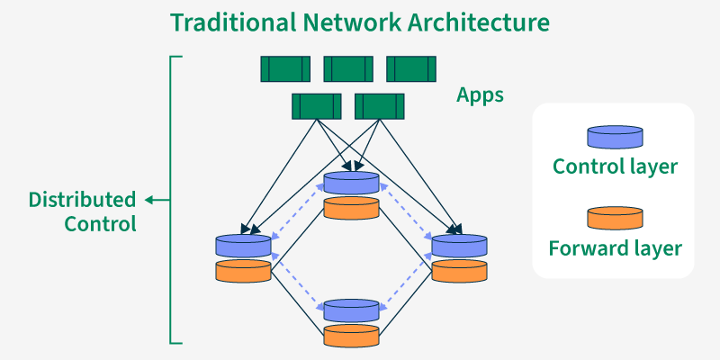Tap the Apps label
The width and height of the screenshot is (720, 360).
coord(480,94)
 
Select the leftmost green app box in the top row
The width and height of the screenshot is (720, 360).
coord(285,69)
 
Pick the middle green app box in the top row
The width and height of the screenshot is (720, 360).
coord(348,69)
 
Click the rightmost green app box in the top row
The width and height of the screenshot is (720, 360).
coord(411,69)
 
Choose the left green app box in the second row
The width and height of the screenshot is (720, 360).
coord(317,106)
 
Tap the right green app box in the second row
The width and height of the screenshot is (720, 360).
coord(380,106)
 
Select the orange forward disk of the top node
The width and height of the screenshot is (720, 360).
coord(351,208)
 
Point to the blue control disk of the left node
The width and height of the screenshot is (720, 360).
coord(243,245)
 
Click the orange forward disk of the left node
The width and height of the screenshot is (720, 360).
coord(243,271)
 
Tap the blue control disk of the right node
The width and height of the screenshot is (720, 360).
coord(459,245)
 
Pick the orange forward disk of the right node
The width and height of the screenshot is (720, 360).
coord(459,271)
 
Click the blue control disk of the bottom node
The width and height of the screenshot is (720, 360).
coord(351,310)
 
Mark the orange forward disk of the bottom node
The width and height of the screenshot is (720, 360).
coord(351,336)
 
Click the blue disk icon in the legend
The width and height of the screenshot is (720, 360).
coord(615,137)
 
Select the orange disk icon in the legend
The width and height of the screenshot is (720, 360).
coord(615,218)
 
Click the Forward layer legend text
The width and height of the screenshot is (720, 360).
coord(615,247)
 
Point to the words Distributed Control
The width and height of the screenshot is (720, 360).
coord(83,211)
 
